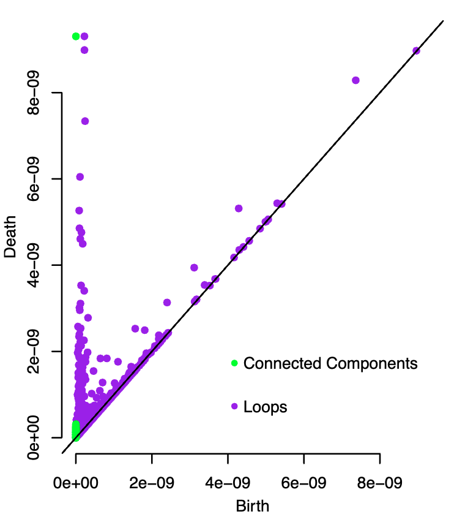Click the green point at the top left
pos(76,36)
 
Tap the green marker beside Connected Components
pos(234,363)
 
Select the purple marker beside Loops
pos(234,406)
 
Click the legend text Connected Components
pos(330,363)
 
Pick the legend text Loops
pos(265,406)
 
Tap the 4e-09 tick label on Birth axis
pos(228,483)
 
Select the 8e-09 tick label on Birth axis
pos(379,483)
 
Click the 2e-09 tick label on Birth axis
pos(152,483)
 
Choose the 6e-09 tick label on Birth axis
pos(303,483)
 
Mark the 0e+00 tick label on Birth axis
pos(76,483)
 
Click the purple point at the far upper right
pos(416,50)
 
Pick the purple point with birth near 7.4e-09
pos(355,80)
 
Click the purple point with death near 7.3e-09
pos(85,121)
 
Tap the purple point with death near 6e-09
pos(80,177)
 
